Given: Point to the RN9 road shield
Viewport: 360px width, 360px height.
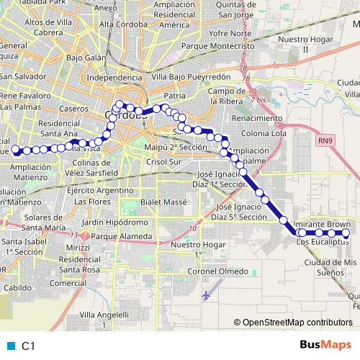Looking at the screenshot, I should (325, 143).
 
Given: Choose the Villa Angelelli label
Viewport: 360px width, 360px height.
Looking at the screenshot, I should (104, 315).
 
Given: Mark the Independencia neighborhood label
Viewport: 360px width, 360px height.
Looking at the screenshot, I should (114, 77).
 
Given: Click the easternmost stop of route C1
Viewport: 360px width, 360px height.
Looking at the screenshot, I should (346, 234).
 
